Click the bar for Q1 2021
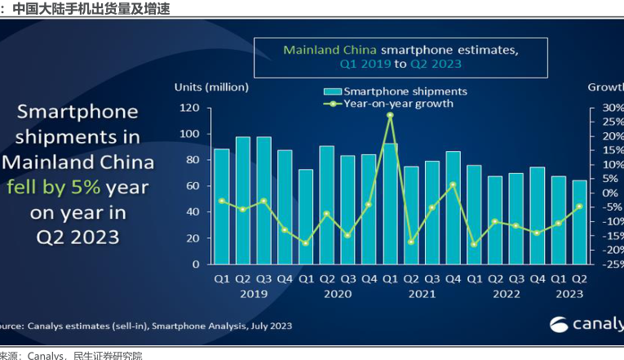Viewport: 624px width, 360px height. point(390,204)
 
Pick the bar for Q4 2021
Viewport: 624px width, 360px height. point(453,207)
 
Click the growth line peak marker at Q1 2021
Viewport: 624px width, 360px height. point(390,115)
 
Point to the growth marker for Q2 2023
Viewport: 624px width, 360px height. point(578,207)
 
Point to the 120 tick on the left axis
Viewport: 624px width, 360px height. point(189,108)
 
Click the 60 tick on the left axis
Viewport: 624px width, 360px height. point(192,186)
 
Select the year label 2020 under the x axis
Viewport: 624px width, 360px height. point(337,292)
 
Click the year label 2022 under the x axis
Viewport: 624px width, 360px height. point(506,292)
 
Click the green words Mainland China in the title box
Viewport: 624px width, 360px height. point(330,49)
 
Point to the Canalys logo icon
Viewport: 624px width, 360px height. point(560,325)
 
